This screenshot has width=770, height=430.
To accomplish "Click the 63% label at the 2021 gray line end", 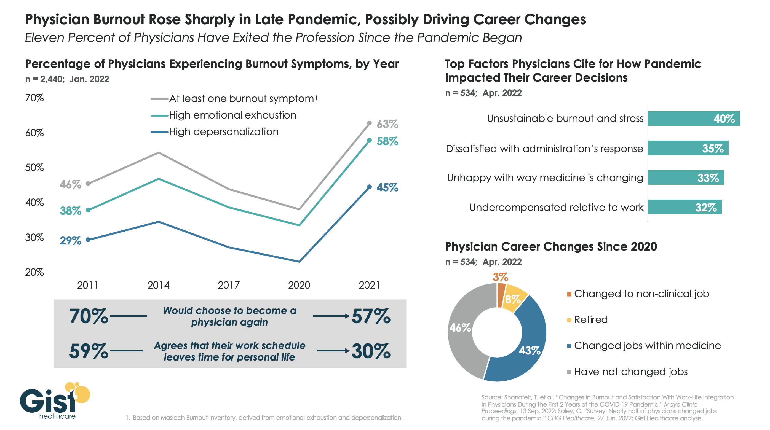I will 387,124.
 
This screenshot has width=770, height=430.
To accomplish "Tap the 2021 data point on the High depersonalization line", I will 370,187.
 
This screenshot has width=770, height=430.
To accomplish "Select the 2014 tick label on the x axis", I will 158,285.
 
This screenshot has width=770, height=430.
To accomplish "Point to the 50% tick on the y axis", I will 34,168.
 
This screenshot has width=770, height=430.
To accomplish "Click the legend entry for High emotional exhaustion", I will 232,115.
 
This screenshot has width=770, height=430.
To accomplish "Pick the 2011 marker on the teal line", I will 88,210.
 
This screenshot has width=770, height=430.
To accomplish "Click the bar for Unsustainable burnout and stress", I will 694,118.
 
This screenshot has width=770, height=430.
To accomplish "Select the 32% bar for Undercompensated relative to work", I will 685,207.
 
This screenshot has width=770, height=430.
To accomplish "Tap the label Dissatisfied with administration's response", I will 544,149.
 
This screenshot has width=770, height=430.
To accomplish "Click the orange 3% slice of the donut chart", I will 501,295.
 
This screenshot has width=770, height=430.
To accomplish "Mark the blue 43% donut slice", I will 526,350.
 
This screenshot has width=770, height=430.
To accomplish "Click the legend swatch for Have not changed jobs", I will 569,372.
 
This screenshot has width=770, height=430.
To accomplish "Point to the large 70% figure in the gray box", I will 89,316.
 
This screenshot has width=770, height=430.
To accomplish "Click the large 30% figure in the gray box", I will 371,351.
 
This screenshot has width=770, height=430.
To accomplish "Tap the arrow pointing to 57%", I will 331,316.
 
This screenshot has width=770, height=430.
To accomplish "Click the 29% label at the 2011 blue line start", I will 70,241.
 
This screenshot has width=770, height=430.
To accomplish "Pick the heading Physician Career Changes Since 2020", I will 551,246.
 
